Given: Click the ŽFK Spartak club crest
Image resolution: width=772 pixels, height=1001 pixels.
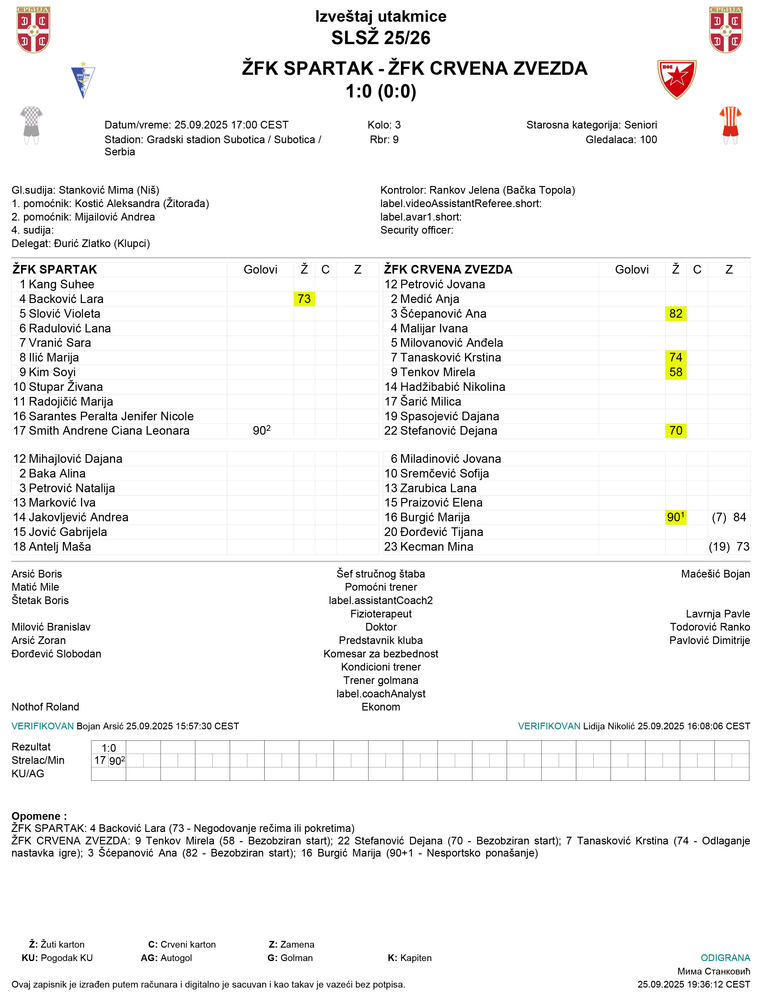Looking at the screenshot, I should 83,81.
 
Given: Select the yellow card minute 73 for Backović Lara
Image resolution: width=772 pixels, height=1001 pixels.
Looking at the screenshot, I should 304,299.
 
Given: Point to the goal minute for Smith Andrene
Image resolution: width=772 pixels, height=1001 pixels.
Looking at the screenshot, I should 261,431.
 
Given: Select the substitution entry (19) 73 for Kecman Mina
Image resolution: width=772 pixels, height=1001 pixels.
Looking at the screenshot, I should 729,546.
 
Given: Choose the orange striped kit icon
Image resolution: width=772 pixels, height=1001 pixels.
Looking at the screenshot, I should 730,125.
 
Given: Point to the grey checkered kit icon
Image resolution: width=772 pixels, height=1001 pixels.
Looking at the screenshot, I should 31,125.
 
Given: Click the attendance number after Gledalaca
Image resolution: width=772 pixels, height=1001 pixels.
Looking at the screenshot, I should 648,139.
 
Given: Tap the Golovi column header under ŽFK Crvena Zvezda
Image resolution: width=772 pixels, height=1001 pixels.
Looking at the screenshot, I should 631,269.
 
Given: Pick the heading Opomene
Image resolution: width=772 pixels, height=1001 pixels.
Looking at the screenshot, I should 39,816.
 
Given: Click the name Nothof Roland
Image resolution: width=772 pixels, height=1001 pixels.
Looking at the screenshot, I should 45,707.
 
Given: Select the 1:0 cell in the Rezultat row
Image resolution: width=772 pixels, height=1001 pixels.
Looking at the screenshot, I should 109,748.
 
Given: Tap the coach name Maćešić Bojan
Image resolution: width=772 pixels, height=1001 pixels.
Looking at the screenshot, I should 715,574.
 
